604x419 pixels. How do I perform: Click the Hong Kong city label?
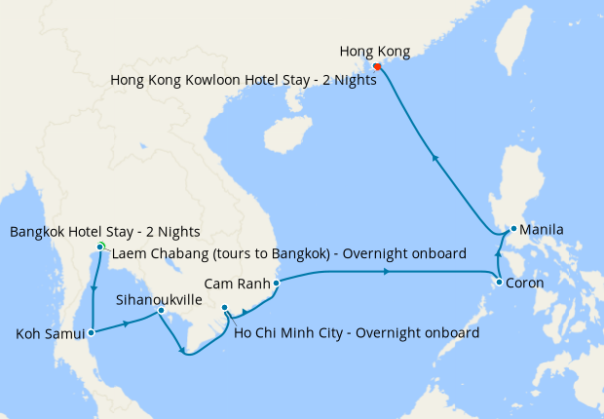pos(375,51)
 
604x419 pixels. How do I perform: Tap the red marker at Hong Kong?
pos(376,67)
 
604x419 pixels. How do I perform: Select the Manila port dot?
pos(513,230)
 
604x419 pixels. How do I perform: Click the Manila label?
pos(542,230)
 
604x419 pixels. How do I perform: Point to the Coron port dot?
pos(499,283)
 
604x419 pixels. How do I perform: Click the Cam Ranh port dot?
pos(277,284)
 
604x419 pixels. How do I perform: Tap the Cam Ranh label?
pos(237,285)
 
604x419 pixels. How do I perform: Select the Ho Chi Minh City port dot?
pos(225,309)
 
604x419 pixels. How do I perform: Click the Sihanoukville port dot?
pos(161,311)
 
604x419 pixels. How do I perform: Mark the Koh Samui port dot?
pos(91,332)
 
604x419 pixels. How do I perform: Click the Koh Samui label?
pos(50,335)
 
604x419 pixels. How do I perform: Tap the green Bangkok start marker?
pos(100,246)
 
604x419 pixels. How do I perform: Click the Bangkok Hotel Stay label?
pos(104,231)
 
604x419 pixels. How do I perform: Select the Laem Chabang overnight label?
pos(288,254)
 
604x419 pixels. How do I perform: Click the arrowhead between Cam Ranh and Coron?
pos(389,272)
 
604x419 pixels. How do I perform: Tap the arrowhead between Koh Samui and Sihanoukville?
pos(127,322)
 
